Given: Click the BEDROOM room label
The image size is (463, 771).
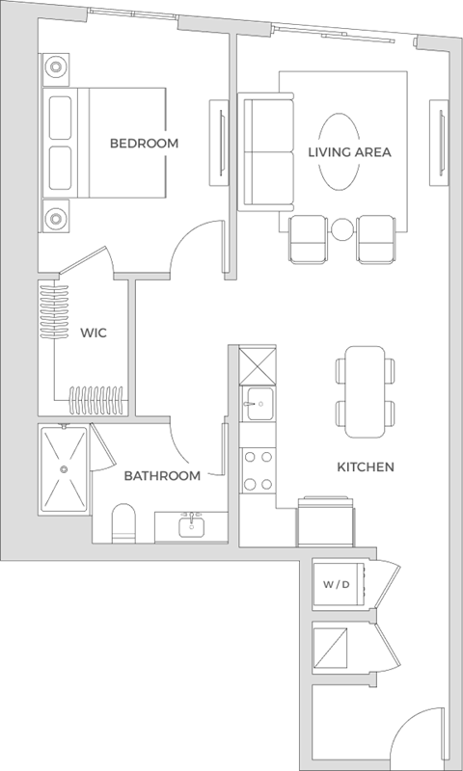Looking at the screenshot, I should pyautogui.click(x=144, y=144).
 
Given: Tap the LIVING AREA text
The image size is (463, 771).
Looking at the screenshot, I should pyautogui.click(x=349, y=152).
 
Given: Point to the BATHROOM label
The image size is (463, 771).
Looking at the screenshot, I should pyautogui.click(x=162, y=476).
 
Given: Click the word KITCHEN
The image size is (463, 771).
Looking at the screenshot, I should pyautogui.click(x=366, y=467).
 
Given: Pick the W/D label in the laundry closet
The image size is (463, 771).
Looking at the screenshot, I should pyautogui.click(x=337, y=584).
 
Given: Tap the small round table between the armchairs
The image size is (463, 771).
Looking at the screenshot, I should pyautogui.click(x=343, y=229).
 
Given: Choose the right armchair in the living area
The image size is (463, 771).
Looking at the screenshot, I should pyautogui.click(x=377, y=238).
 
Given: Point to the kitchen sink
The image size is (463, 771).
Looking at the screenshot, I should pyautogui.click(x=257, y=404).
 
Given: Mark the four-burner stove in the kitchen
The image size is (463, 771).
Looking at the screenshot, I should pyautogui.click(x=257, y=471).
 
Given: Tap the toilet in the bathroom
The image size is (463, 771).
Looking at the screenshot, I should pyautogui.click(x=123, y=523).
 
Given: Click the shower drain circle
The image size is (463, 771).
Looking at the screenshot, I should pyautogui.click(x=64, y=469).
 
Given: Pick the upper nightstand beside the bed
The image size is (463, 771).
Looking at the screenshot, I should pyautogui.click(x=56, y=69).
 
